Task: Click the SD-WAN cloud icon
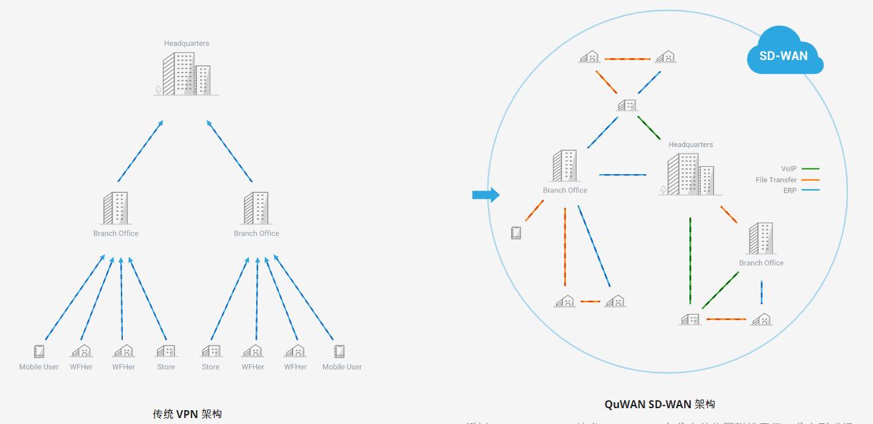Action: coord(785,53)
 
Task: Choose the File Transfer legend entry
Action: coord(776,180)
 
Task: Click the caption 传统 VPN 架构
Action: coord(187,414)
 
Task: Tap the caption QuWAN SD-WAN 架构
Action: coord(659,404)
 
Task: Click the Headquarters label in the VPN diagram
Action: coord(186,44)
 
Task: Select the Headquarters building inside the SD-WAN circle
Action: coord(689,175)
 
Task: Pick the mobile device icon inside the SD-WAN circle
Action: coord(516,233)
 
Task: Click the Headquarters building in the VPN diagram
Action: coord(186,74)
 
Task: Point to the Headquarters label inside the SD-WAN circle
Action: coord(690,144)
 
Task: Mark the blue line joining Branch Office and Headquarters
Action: coord(623,175)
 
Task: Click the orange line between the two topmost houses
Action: coord(627,59)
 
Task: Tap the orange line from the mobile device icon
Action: coord(534,211)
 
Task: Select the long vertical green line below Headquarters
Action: coord(690,260)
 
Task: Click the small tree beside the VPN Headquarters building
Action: coord(158,89)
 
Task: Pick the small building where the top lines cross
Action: coord(627,106)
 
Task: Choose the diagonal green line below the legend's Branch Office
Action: coord(720,290)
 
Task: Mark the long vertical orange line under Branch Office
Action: coord(565,247)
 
